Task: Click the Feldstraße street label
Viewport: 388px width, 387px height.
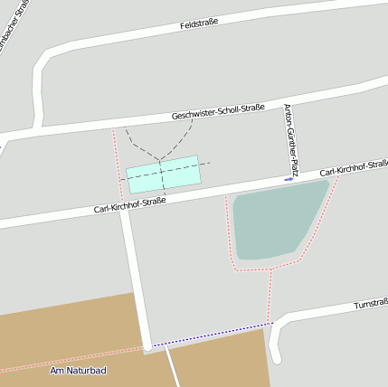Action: tap(200, 25)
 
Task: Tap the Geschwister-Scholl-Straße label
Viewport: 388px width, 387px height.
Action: tap(218, 112)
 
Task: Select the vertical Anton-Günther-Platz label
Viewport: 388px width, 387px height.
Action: tap(289, 138)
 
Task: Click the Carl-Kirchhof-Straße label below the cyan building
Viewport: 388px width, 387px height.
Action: tap(129, 206)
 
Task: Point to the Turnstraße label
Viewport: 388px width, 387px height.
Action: tap(371, 304)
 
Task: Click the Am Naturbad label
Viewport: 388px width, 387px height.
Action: tap(78, 371)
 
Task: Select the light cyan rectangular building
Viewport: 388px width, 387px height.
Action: tap(163, 174)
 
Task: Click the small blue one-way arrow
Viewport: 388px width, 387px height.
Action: tap(289, 179)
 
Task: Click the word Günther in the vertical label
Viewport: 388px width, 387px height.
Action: tap(289, 135)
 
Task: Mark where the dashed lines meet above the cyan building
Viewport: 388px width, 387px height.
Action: tap(159, 161)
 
